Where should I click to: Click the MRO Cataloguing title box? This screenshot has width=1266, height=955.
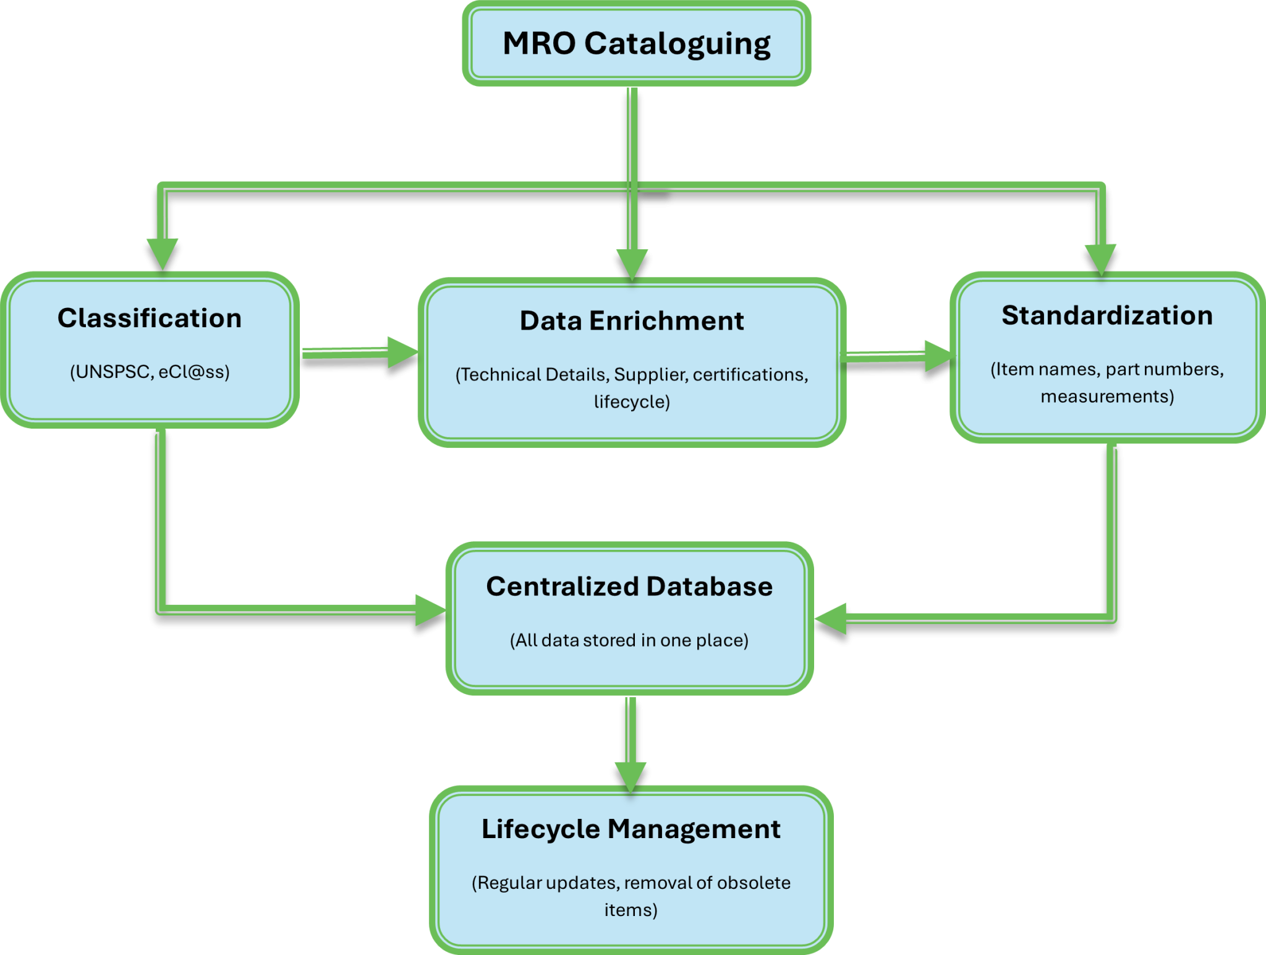click(636, 44)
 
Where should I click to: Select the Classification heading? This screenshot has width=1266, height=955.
click(150, 318)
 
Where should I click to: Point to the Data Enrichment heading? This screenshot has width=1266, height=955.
click(632, 321)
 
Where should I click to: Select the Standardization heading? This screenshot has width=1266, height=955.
click(1107, 315)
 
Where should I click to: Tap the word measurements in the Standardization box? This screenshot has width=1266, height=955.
click(1106, 396)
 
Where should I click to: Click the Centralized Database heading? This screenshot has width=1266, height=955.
click(629, 586)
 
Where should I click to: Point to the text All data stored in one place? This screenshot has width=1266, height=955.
click(629, 640)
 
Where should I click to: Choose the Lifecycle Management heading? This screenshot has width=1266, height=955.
click(631, 829)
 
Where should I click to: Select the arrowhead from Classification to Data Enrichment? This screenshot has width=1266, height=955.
click(401, 353)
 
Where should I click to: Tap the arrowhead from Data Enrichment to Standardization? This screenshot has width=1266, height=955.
click(937, 356)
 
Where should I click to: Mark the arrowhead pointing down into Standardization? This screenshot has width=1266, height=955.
click(1101, 258)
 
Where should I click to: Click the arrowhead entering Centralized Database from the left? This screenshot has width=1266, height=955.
click(430, 610)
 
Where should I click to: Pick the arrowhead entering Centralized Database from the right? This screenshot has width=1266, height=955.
click(830, 618)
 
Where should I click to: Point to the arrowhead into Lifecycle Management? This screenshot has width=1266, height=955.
click(631, 776)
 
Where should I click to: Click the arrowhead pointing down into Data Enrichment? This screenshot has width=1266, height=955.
click(632, 264)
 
